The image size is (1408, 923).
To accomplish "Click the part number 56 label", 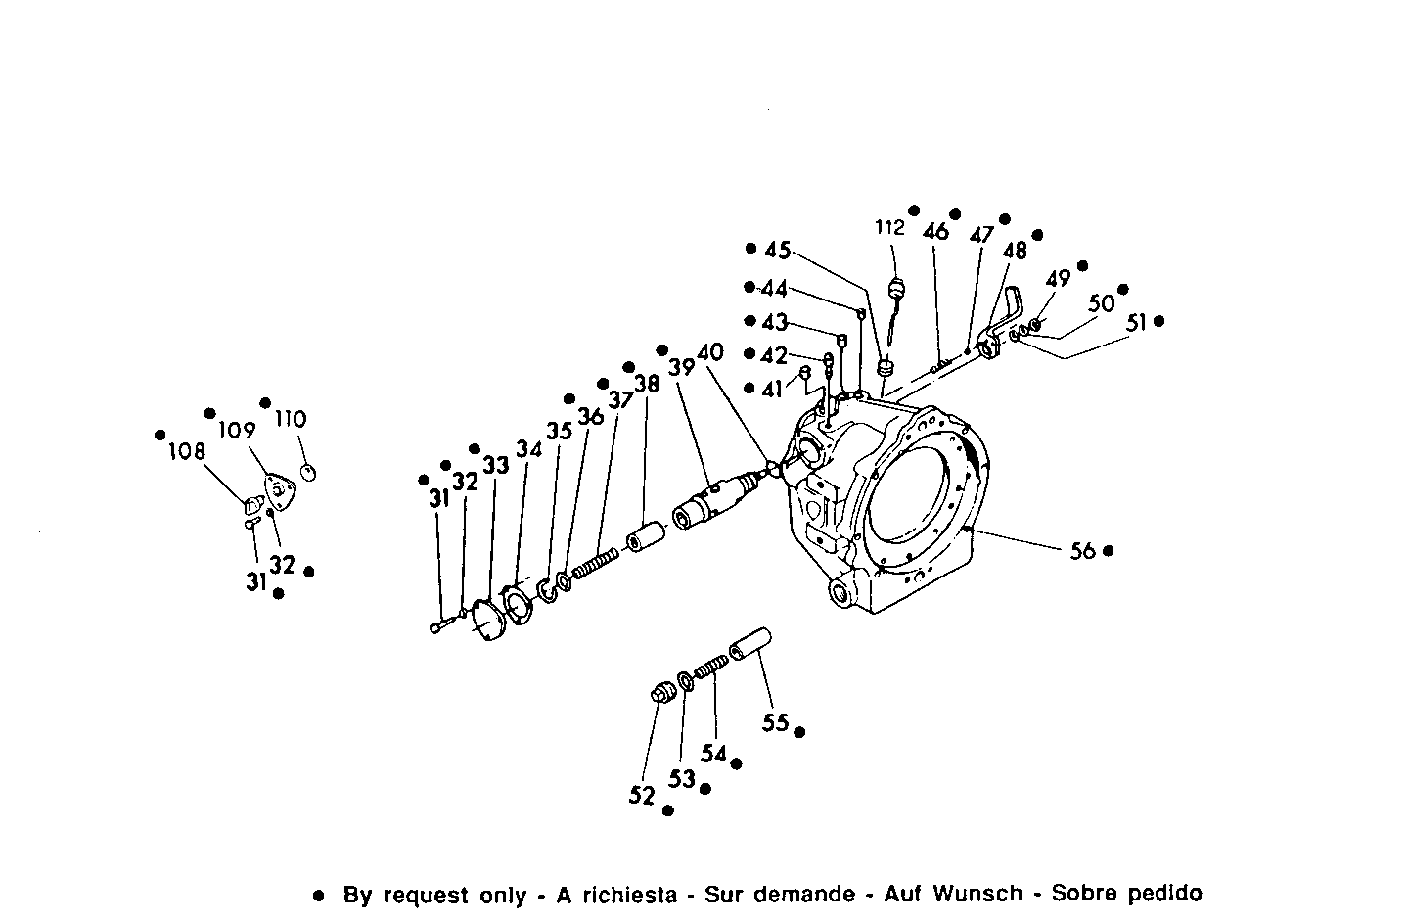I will [1082, 551].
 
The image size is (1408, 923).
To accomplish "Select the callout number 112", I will [889, 228].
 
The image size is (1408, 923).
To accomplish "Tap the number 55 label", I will [776, 723].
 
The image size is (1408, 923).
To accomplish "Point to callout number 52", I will [642, 797].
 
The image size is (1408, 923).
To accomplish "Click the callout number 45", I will [778, 251].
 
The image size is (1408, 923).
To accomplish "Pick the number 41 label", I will [773, 389].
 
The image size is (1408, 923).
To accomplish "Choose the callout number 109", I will [237, 430].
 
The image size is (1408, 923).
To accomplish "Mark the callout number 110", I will [291, 419].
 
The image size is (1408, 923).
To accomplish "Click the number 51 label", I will [1136, 322].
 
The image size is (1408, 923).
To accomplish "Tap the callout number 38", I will [647, 385].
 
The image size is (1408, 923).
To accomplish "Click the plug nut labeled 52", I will [661, 693].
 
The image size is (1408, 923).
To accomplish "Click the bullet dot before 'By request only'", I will [317, 895].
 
